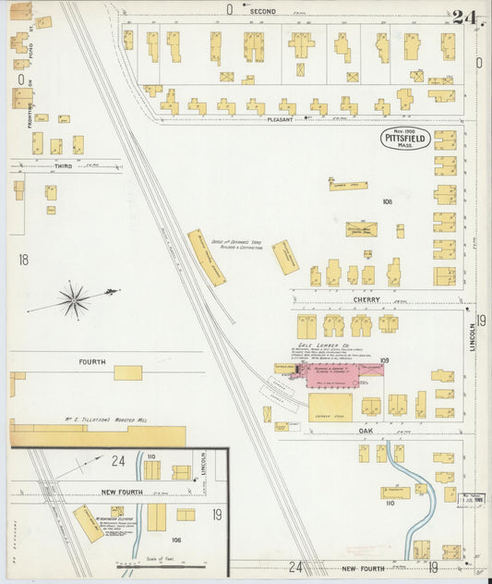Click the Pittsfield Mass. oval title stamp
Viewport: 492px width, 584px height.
(x=404, y=140)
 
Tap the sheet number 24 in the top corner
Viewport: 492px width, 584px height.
(x=463, y=17)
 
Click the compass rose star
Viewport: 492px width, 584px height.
(x=74, y=299)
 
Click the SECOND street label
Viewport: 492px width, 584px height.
(x=263, y=11)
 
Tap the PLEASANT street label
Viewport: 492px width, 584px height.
(x=280, y=119)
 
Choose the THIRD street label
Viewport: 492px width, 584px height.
(x=63, y=166)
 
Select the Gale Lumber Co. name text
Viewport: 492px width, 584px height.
(x=330, y=342)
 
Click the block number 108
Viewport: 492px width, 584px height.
(x=387, y=201)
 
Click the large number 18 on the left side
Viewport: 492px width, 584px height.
(x=23, y=261)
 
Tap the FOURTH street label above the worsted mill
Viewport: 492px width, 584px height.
(x=92, y=361)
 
